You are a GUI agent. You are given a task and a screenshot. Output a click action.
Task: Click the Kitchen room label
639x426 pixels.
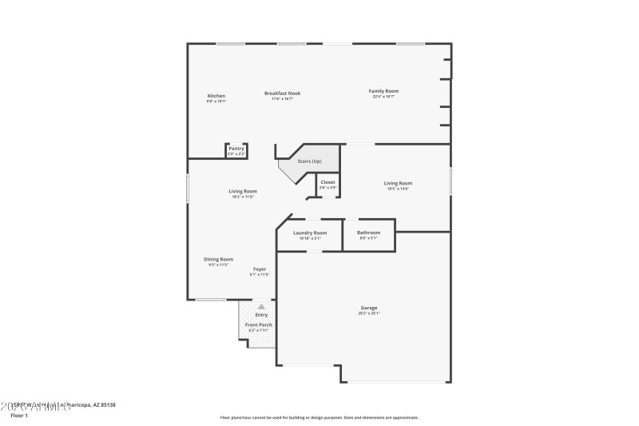[x=216, y=96]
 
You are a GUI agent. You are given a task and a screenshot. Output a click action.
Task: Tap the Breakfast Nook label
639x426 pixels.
[x=282, y=94]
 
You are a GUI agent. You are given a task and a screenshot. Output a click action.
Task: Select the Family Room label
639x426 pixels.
[x=383, y=91]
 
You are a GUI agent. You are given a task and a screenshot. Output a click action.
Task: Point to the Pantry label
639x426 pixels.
[x=236, y=148]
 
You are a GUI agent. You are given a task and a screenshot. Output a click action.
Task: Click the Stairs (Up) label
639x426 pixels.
[x=310, y=161]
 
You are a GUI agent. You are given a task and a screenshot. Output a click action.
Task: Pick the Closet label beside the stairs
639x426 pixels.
[x=328, y=183]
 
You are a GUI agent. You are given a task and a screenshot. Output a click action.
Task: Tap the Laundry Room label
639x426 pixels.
[x=310, y=233]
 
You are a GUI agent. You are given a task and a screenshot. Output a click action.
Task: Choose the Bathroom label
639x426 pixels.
[x=368, y=233]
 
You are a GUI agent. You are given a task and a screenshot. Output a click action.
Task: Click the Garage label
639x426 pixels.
[x=368, y=308]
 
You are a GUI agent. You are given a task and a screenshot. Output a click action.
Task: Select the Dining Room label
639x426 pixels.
[x=218, y=259]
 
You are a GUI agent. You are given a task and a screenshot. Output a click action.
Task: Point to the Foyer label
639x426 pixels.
[x=260, y=269]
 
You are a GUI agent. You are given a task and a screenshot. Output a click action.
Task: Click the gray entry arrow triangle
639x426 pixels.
[x=261, y=306]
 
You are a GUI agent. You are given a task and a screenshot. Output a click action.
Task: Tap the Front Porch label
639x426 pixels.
[x=259, y=324]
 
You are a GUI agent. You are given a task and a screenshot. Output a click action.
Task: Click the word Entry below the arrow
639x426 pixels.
[x=261, y=314]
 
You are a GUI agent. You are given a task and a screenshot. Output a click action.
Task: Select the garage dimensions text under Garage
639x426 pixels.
[x=368, y=313]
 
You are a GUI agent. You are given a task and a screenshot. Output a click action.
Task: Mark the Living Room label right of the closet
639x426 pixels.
[x=399, y=183]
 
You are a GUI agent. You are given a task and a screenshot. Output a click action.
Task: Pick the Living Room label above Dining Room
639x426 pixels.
[x=243, y=191]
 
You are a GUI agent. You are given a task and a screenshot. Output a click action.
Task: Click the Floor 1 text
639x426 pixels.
[x=18, y=416]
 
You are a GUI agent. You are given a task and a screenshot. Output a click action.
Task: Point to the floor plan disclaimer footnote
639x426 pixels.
[x=319, y=417]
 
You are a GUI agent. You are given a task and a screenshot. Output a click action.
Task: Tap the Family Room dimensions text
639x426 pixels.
[x=383, y=97]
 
